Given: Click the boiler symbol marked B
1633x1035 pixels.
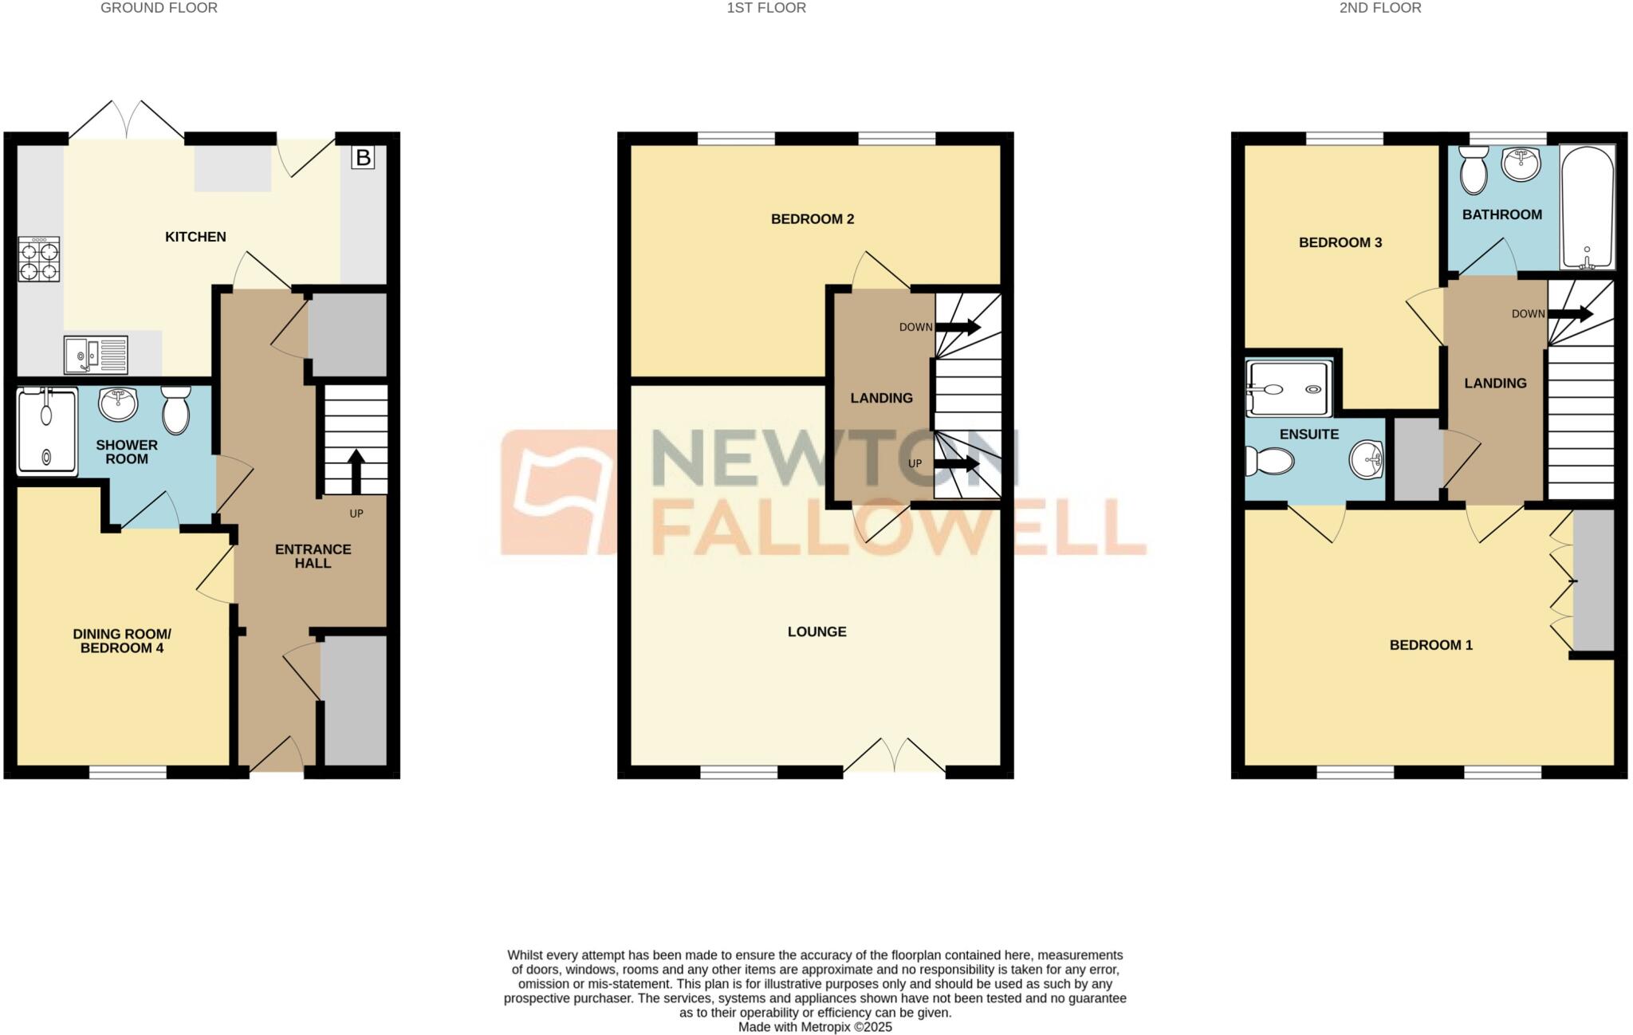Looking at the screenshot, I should [363, 157].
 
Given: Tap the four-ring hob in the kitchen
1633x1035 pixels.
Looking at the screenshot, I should [38, 259].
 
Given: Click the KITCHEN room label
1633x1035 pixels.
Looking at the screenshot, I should [195, 237].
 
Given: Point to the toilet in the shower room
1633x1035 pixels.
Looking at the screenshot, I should [175, 410].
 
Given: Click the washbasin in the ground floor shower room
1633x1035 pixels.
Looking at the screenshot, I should [118, 403].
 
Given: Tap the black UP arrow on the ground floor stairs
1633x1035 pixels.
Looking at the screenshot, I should [356, 470].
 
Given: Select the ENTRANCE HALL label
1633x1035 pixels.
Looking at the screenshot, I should [313, 556].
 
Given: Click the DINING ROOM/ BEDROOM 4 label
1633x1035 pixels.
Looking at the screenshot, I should [122, 641].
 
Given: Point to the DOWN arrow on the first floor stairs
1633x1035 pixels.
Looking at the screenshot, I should [958, 327].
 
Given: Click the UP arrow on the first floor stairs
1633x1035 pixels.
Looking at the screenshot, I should [957, 463].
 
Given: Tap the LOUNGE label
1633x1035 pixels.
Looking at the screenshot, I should [816, 632].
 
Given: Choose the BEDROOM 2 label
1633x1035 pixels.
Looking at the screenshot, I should [813, 218].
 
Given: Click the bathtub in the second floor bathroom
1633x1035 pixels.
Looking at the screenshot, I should [1588, 207].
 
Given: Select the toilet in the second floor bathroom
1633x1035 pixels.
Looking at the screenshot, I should [1472, 169].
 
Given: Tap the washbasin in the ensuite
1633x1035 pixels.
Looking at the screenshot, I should [1368, 460].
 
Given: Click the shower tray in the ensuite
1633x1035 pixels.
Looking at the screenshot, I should [1289, 388].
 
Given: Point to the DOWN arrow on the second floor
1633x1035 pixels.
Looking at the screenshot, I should [1570, 314].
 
